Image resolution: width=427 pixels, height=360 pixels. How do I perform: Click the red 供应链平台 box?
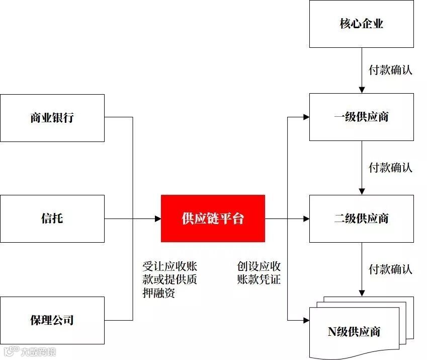213,218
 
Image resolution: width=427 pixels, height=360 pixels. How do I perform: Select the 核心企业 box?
361,24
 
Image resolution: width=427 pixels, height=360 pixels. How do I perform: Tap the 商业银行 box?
52,118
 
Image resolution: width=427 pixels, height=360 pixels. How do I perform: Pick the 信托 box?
52,219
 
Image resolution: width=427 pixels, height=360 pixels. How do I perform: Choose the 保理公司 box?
52,320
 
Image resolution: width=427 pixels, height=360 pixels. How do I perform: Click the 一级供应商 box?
361,117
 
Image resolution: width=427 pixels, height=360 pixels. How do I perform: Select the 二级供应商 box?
361,219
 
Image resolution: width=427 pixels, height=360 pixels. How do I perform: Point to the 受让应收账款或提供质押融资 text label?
169,279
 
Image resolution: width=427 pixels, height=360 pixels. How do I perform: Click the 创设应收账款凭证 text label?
259,273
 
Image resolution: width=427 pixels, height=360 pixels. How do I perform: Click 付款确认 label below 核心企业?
390,70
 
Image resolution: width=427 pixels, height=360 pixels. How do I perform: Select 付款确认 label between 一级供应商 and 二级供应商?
390,167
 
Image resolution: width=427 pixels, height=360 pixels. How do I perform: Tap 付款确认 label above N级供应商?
390,269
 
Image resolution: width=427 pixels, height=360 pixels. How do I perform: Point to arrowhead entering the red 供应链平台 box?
157,219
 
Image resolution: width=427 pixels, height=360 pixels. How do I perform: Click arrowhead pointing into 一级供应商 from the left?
306,117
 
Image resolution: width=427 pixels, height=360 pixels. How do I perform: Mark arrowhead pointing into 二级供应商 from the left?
306,219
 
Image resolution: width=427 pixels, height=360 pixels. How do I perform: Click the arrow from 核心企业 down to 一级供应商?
361,70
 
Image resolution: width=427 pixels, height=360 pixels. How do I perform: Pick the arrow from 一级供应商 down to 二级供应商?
361,168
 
